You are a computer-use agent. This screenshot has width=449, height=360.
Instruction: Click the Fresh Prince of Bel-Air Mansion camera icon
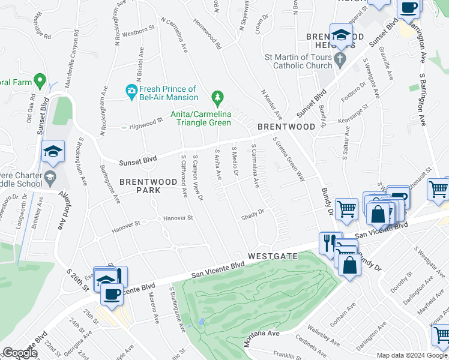click(131, 90)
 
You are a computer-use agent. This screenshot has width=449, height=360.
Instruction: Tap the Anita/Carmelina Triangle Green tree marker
click(217, 97)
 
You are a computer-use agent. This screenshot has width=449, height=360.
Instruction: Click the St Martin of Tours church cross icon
click(341, 59)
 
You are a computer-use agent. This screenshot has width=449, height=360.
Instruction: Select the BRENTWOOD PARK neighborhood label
click(140, 185)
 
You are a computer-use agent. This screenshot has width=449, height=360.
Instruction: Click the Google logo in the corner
click(19, 353)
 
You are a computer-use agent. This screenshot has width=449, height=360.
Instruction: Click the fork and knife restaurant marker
click(328, 242)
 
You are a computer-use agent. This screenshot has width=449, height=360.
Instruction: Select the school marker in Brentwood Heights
click(341, 35)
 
